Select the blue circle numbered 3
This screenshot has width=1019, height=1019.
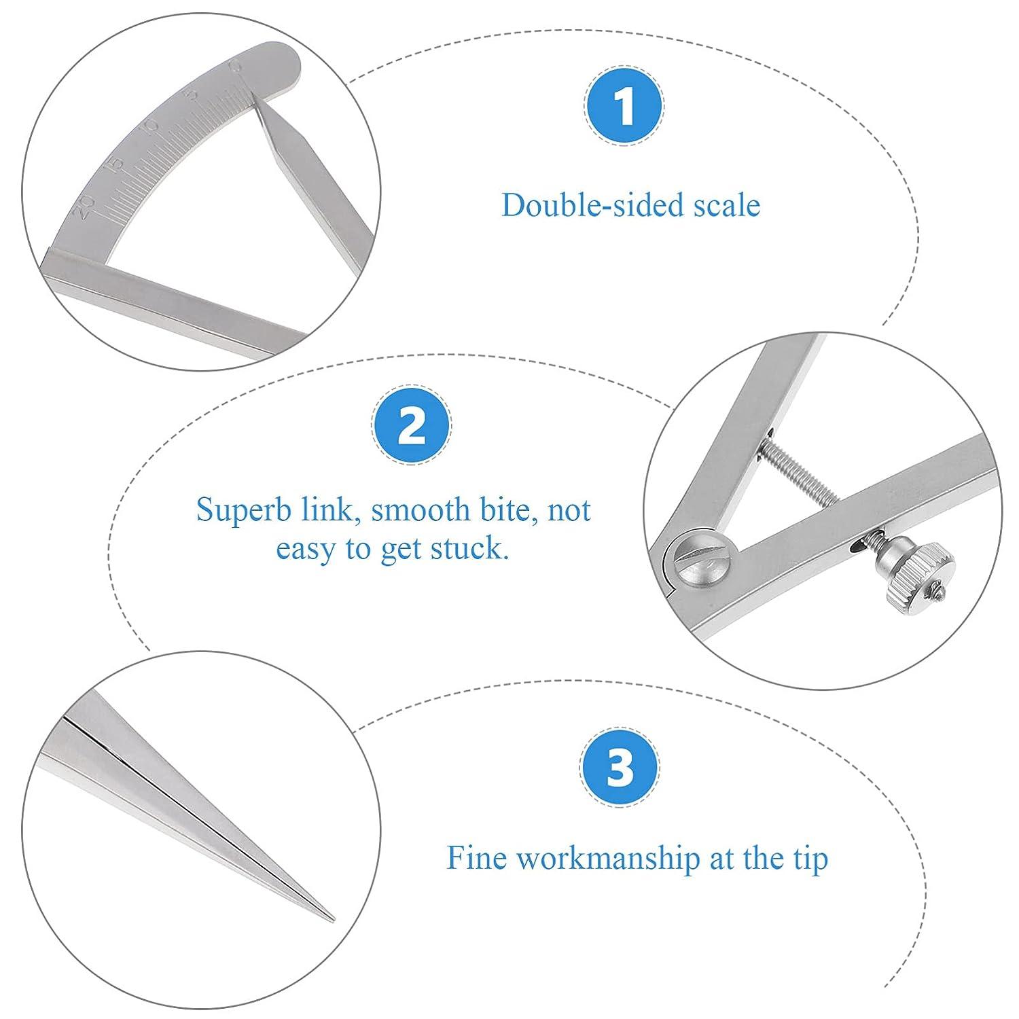(619, 767)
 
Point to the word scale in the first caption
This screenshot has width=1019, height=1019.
(725, 205)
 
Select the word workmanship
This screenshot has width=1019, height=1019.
(608, 858)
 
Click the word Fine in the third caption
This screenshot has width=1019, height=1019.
(476, 857)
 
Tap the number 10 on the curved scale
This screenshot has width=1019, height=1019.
(151, 125)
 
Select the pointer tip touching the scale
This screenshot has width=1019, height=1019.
(255, 96)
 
